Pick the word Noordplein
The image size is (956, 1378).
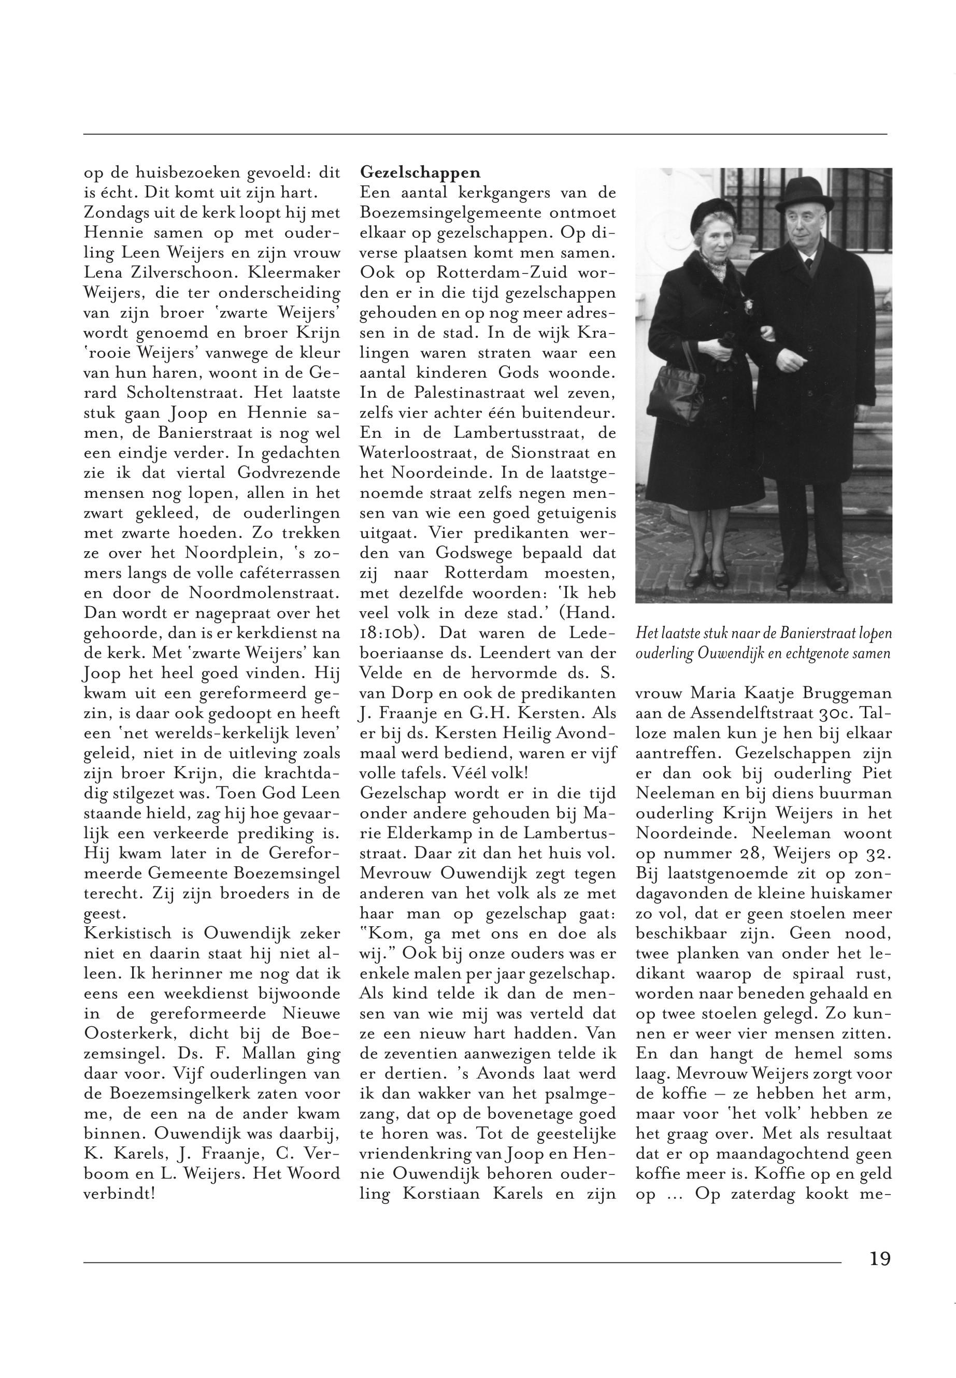point(219,553)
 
